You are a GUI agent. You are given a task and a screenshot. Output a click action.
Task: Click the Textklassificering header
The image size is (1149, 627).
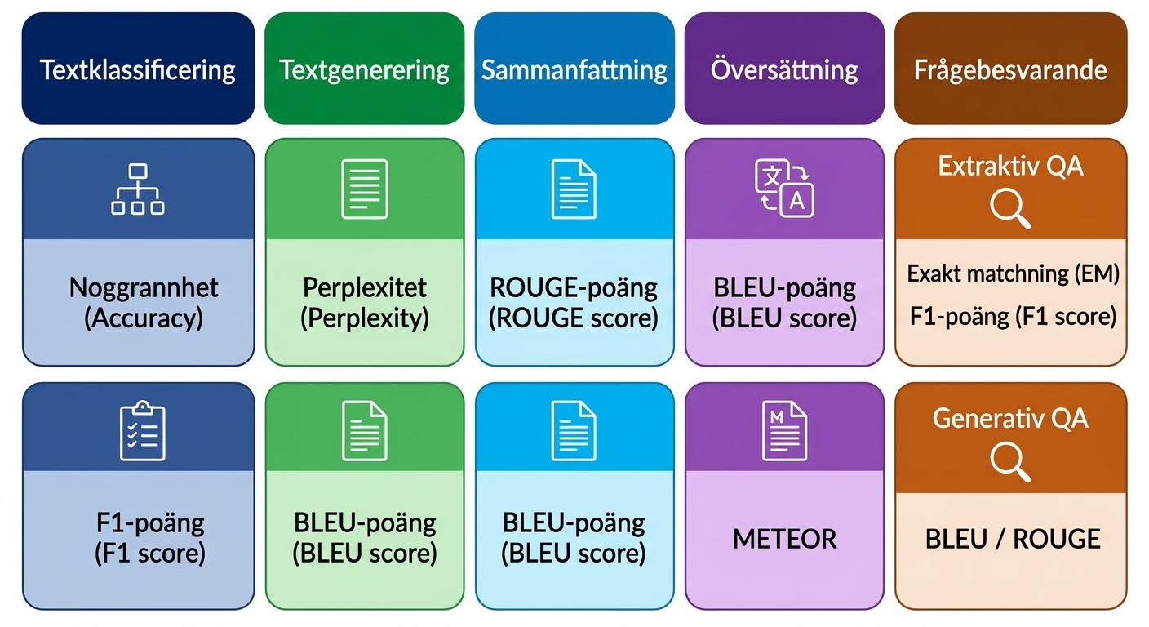click(x=138, y=69)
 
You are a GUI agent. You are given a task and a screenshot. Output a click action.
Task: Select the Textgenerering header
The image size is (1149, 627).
click(x=364, y=69)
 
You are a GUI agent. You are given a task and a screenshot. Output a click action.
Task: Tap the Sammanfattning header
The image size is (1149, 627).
click(x=574, y=69)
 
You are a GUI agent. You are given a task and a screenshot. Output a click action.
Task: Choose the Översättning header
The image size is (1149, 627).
click(x=784, y=69)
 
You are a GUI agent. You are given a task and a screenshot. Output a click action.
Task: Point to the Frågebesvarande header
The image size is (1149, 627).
click(x=1010, y=69)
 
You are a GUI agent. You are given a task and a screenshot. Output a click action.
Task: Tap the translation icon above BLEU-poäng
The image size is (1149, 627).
click(x=784, y=189)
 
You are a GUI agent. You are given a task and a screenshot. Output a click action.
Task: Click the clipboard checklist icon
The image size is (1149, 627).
click(x=143, y=431)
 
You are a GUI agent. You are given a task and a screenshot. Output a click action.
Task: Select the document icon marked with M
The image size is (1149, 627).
click(x=784, y=431)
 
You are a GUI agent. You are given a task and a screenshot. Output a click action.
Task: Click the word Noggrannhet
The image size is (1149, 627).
click(x=144, y=287)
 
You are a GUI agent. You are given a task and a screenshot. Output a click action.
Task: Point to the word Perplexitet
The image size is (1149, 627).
click(x=364, y=287)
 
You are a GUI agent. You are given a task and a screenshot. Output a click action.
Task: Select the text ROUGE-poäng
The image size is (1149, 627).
click(x=574, y=288)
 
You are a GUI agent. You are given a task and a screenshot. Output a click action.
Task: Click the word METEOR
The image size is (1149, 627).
click(x=784, y=540)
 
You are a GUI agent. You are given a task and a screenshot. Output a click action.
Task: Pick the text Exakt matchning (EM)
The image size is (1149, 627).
click(x=1013, y=273)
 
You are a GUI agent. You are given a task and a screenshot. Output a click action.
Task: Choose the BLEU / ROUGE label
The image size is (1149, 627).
click(x=1013, y=540)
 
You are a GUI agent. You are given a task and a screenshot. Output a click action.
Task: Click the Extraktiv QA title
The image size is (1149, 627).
click(x=1010, y=166)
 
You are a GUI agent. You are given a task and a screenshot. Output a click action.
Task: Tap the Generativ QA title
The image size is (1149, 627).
click(x=1010, y=418)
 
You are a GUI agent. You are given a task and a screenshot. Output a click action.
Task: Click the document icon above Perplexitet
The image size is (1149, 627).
click(x=365, y=189)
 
